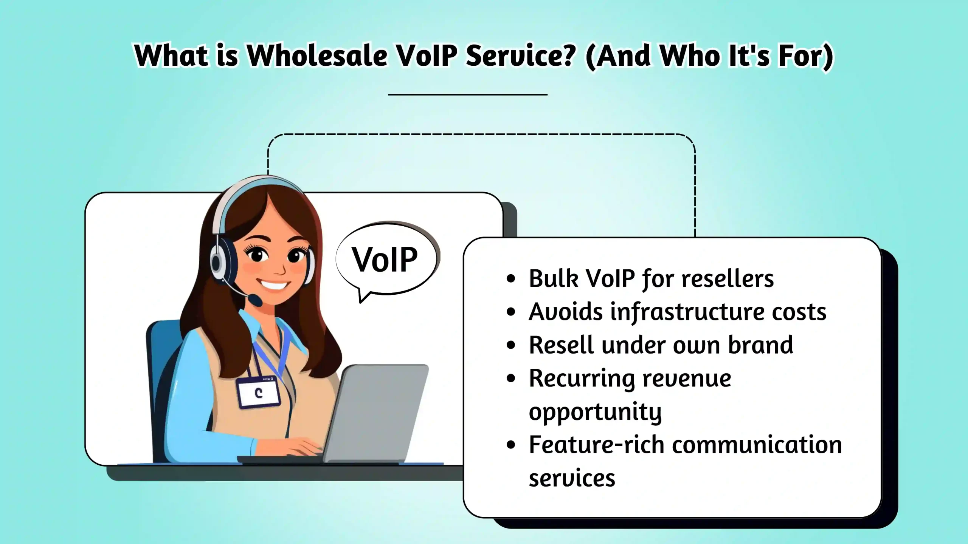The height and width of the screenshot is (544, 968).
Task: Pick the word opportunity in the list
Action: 595,412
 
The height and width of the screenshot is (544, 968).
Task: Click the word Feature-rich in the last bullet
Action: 596,445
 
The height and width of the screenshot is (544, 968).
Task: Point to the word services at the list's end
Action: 572,478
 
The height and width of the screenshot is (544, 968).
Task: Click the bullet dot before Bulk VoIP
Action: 511,279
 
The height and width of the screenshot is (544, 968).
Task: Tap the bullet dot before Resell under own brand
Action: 511,345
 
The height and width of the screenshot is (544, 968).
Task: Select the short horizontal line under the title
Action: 468,94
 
